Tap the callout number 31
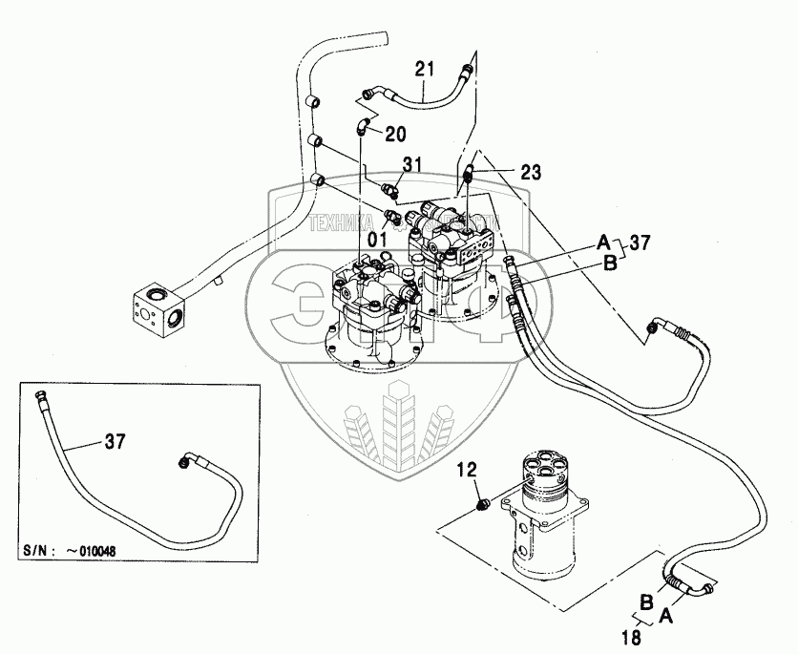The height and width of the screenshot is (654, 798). [412, 164]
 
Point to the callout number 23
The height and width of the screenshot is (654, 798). [531, 173]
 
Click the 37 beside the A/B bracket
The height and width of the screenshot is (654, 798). [639, 243]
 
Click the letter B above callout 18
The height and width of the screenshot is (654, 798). [648, 602]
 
